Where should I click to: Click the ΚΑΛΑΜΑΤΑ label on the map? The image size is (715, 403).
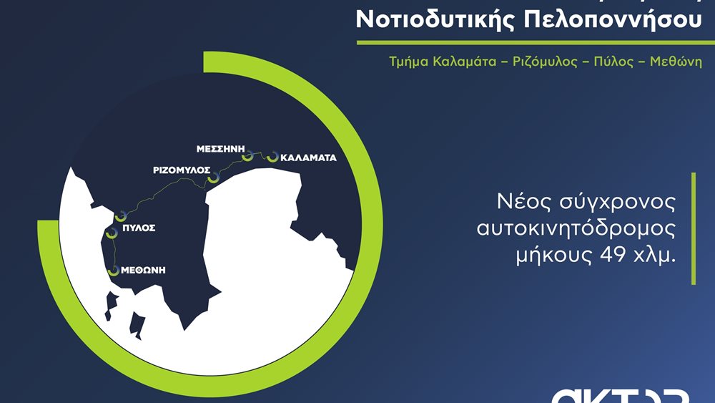point(308,157)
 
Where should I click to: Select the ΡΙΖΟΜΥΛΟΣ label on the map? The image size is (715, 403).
point(181,170)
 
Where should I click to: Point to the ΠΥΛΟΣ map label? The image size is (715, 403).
point(139,228)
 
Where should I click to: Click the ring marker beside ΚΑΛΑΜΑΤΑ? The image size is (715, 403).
point(272,156)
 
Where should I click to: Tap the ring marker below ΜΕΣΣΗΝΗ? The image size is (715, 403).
point(247,155)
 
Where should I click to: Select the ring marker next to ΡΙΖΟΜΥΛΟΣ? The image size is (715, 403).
point(212,182)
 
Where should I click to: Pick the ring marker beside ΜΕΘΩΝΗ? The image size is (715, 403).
point(112,271)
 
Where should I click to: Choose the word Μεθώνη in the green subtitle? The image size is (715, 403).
point(675,62)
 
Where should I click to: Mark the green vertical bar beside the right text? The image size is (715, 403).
point(693,228)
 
